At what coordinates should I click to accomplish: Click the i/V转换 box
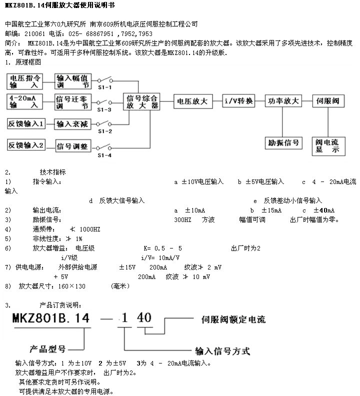tap(239, 101)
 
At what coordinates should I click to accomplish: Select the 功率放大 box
tap(283, 100)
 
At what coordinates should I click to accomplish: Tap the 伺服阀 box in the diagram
tap(328, 100)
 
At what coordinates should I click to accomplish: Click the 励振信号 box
tap(283, 142)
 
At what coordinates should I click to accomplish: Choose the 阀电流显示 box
tap(328, 145)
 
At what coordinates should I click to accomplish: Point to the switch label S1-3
tap(104, 109)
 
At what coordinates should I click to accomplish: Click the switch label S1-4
tap(104, 154)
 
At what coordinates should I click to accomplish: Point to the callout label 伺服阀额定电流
tap(233, 319)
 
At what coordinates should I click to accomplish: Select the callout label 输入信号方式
tap(220, 350)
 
